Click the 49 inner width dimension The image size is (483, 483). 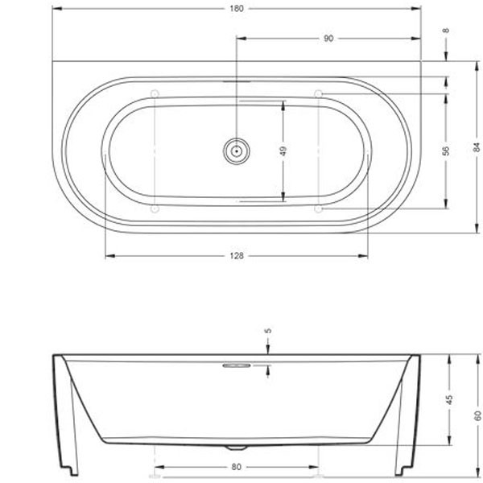tap(283, 150)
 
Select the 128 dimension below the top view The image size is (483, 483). tap(236, 256)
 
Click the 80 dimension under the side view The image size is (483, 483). tap(236, 467)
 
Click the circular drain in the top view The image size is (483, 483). tap(236, 150)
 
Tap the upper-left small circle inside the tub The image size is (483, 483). tap(154, 93)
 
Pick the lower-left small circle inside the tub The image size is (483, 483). tap(154, 208)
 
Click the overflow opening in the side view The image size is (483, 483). tap(236, 365)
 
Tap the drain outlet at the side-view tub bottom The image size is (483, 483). tap(236, 446)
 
